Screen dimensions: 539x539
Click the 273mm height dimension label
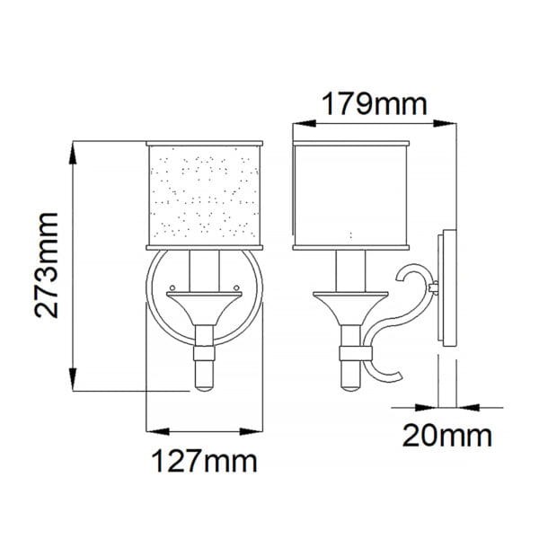point(47,265)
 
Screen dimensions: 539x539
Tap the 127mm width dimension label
point(204,462)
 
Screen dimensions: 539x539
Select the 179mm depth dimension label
point(375,103)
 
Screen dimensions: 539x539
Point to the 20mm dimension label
point(447,436)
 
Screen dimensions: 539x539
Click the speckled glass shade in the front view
point(205,195)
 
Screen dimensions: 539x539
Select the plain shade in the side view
point(351,195)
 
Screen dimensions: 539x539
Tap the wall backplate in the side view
point(447,287)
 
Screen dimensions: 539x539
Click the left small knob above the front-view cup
point(172,287)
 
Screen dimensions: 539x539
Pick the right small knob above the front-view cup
point(236,287)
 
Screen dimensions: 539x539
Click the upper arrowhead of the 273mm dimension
point(73,153)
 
